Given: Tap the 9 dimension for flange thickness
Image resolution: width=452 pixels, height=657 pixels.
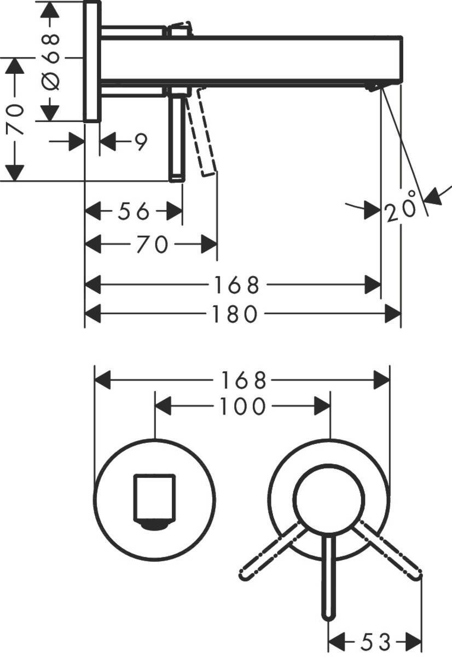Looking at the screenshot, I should pos(141,142).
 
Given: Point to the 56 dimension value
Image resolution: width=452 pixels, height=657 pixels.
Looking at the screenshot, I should pos(134,211).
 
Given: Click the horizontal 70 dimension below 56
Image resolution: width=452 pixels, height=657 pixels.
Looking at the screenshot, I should pos(152,244).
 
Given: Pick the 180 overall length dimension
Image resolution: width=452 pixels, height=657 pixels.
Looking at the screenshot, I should pos(235,314).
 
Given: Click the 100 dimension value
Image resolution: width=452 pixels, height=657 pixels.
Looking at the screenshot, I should pos(242,407).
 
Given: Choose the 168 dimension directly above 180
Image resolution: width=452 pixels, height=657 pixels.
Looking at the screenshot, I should pos(236,285).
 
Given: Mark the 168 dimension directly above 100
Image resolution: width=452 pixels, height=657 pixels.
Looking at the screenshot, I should pos(243,379).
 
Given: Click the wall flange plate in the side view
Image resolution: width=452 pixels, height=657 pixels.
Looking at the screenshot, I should pos(92,61).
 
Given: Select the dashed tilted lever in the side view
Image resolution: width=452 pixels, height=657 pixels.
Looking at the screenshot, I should pos(202,134).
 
